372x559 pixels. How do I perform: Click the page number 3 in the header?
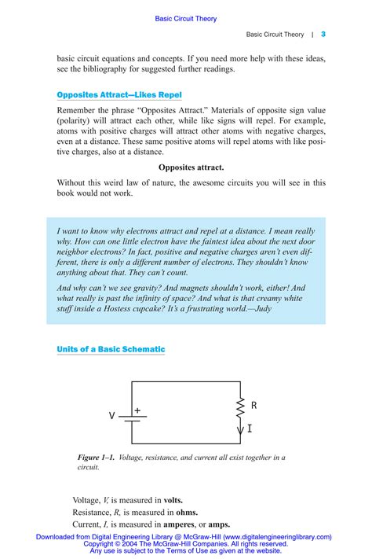click(323, 35)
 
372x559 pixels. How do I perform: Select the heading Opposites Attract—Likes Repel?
click(119, 94)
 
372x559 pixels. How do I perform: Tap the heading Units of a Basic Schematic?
click(111, 348)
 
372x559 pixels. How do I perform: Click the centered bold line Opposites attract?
click(191, 167)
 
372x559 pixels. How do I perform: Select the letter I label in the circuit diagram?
click(250, 428)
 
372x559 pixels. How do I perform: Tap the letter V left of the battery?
click(112, 415)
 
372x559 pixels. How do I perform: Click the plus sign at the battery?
click(137, 410)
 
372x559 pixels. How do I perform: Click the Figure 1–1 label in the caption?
click(97, 457)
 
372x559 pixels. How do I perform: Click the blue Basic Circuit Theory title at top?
click(186, 18)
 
